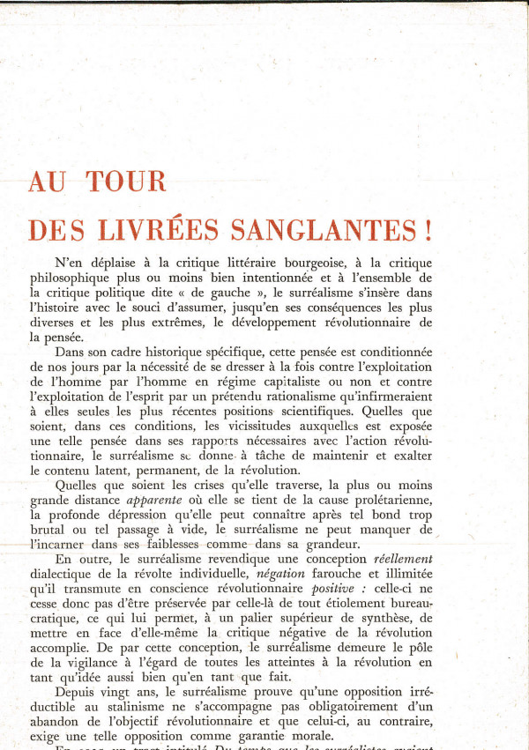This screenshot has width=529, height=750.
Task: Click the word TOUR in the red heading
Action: coord(126,182)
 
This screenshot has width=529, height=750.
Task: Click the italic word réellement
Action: coord(403,558)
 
